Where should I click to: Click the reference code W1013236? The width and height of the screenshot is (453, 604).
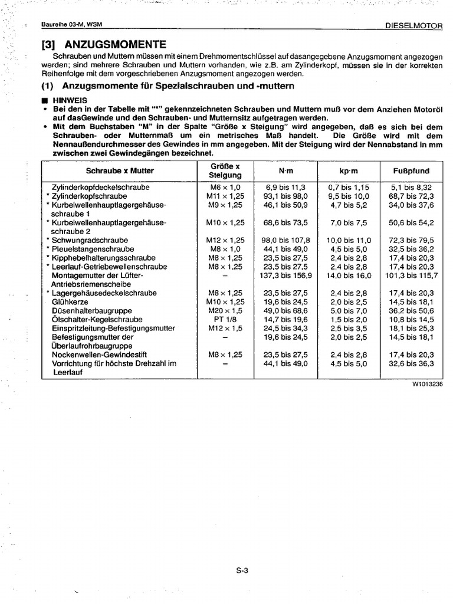(427, 383)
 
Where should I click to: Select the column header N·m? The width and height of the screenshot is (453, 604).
(285, 170)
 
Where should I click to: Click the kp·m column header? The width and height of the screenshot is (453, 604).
(348, 170)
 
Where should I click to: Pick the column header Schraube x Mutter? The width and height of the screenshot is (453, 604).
(120, 170)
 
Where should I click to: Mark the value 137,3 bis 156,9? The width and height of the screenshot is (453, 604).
(285, 275)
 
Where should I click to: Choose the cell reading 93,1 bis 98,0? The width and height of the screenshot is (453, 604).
(285, 195)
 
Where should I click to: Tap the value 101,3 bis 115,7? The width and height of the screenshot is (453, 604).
(411, 275)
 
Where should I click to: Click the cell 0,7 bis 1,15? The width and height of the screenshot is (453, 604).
(348, 186)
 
